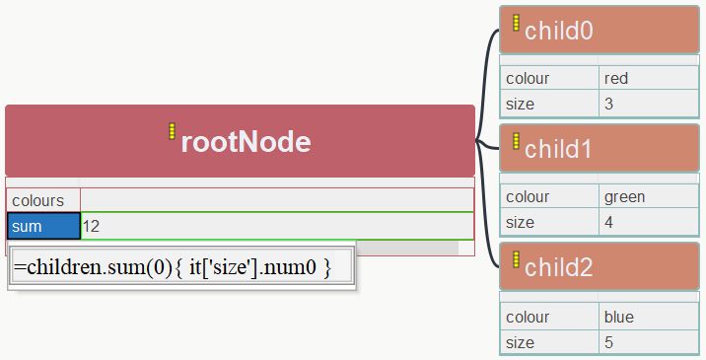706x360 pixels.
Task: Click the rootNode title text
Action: tap(246, 142)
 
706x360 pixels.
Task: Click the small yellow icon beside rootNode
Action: tap(172, 131)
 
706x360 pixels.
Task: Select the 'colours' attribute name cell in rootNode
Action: tap(38, 200)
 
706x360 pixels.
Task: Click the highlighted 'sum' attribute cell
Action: tap(42, 227)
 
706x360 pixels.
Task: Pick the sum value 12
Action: tap(91, 227)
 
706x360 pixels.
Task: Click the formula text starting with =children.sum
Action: tap(172, 266)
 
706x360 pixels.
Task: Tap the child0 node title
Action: tap(558, 31)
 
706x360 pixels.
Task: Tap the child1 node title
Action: tap(558, 149)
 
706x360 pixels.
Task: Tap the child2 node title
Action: tap(558, 266)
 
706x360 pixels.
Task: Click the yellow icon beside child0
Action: tap(516, 23)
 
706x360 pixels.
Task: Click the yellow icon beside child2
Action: tap(516, 258)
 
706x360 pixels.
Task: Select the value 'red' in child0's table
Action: tap(616, 78)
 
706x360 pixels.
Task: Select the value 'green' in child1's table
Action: tap(624, 196)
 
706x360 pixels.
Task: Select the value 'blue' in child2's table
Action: tap(619, 318)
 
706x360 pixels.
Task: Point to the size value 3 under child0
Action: tap(608, 103)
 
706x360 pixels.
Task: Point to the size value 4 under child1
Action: tap(608, 222)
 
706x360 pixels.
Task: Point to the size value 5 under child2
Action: tap(608, 342)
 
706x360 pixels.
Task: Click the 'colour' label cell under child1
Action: tap(528, 196)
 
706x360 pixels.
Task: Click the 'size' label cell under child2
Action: tap(520, 342)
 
